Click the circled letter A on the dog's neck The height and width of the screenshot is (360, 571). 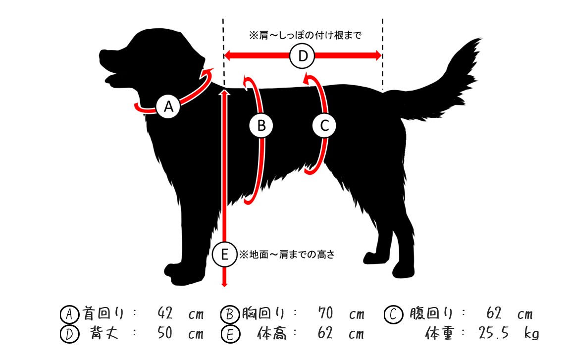coord(168,106)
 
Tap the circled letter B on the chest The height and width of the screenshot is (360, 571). coord(261,126)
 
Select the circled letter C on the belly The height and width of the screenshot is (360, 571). coord(324,126)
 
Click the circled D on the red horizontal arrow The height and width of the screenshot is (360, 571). coord(303,55)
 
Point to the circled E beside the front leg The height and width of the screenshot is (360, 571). coord(224,254)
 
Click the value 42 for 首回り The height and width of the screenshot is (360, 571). coord(164,312)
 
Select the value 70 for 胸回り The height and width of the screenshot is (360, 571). coord(325,312)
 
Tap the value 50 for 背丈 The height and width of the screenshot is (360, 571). coord(164,333)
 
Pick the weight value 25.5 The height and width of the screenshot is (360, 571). coord(493,333)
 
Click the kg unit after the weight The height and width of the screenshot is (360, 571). coord(531,333)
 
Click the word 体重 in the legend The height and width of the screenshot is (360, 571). coord(440,333)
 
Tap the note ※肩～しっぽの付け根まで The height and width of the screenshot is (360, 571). coord(305,35)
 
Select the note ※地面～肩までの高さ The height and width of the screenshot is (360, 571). coord(287,255)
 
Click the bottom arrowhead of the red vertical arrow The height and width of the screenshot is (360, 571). coord(224,283)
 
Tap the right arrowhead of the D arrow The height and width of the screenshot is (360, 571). coord(377,55)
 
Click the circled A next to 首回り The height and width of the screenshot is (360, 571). coord(69,314)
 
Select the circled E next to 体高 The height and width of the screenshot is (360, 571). coord(230,334)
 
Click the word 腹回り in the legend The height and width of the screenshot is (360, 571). coord(431,313)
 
